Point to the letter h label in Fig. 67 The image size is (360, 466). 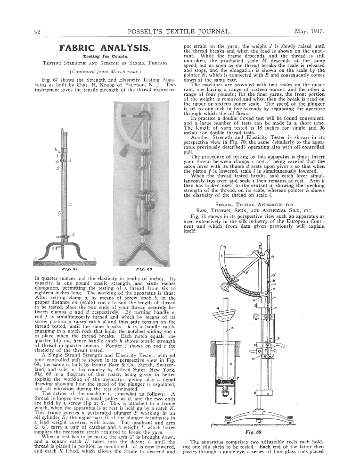point(55,148)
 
